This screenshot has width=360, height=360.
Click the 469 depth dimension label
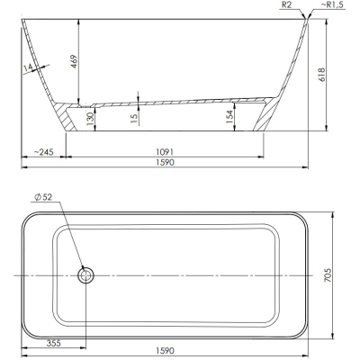74,61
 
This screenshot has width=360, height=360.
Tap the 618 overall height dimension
321,75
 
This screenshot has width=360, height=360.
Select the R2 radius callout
287,5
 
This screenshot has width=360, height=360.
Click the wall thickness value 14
28,68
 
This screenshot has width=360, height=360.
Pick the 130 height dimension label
90,116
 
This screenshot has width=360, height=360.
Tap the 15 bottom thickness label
134,117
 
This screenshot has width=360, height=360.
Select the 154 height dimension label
229,117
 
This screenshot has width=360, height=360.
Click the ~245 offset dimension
44,152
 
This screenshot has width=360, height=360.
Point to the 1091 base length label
165,152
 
